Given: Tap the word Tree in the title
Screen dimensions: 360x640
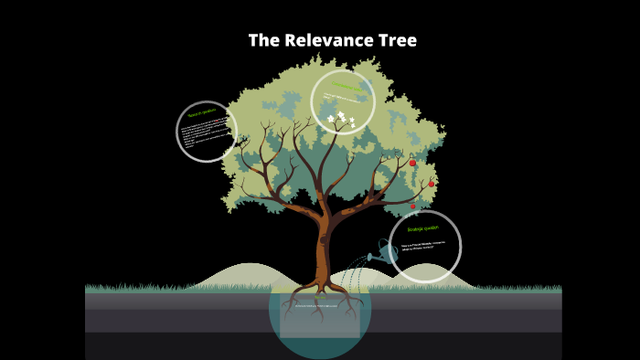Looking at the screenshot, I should pyautogui.click(x=398, y=41).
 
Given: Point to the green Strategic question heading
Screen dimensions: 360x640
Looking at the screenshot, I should pyautogui.click(x=423, y=228).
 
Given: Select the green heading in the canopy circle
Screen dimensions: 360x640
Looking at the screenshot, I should pyautogui.click(x=344, y=87).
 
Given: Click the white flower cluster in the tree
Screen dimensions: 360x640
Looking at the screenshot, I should pyautogui.click(x=341, y=118).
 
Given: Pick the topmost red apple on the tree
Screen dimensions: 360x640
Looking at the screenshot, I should pyautogui.click(x=412, y=163).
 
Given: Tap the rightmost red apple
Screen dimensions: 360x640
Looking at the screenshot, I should pyautogui.click(x=432, y=184).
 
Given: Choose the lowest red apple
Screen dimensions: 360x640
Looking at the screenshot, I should pyautogui.click(x=413, y=206).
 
